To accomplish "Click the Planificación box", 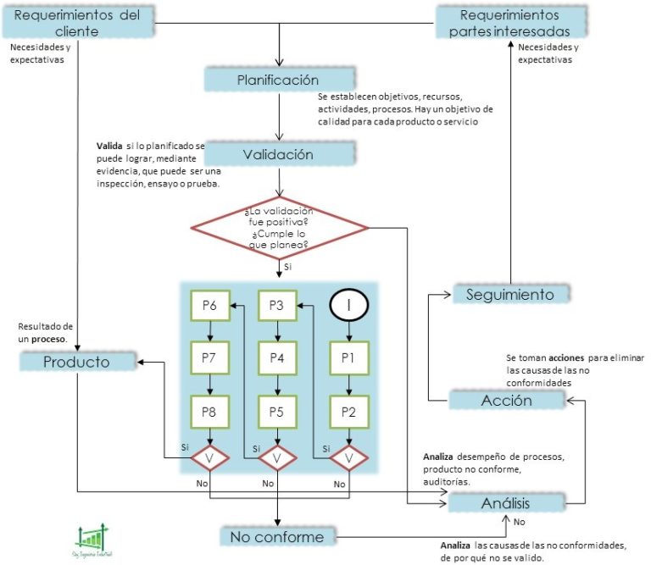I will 278,80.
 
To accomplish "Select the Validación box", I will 278,154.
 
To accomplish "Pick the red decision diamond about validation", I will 279,227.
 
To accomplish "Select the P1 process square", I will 347,358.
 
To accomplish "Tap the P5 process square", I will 276,413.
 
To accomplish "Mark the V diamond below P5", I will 276,458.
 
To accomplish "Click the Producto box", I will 77,363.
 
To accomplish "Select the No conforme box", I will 277,537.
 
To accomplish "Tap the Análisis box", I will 505,501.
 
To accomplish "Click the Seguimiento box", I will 510,294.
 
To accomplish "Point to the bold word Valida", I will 110,146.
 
